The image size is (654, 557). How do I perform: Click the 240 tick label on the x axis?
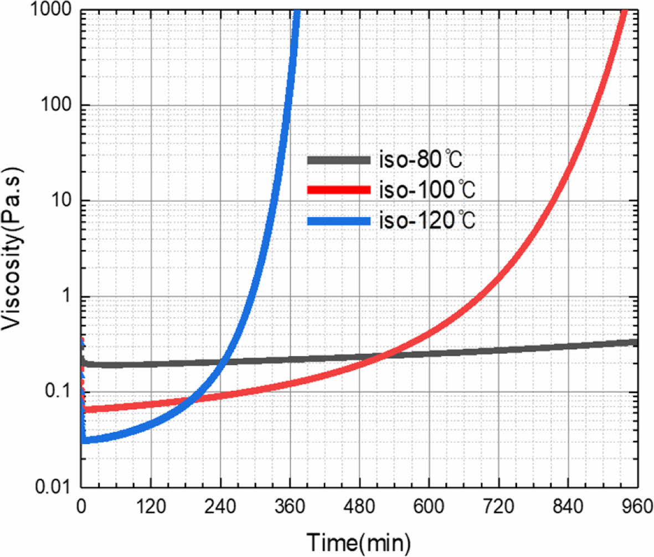[x=220, y=507]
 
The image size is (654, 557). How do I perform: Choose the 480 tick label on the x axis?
[x=359, y=507]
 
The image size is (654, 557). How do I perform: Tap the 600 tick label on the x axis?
[x=429, y=507]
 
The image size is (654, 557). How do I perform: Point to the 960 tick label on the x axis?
[x=637, y=507]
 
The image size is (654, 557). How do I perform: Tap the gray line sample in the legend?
[x=338, y=160]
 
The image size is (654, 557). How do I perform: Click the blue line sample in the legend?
[x=338, y=221]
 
